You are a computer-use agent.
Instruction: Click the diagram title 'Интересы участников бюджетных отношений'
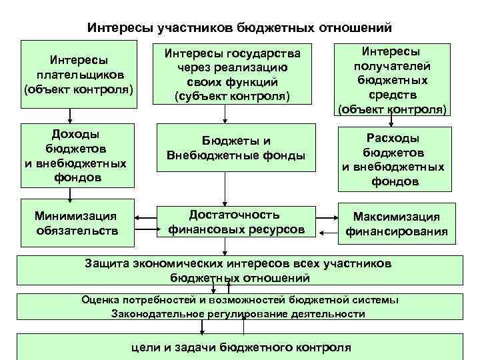[x=240, y=28]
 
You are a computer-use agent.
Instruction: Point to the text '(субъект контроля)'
[x=233, y=97]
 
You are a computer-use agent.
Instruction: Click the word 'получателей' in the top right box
[x=391, y=66]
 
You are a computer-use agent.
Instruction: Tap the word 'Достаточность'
[x=233, y=215]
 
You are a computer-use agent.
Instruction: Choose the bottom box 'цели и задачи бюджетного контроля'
[x=239, y=347]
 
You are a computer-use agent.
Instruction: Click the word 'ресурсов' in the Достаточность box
[x=276, y=229]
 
